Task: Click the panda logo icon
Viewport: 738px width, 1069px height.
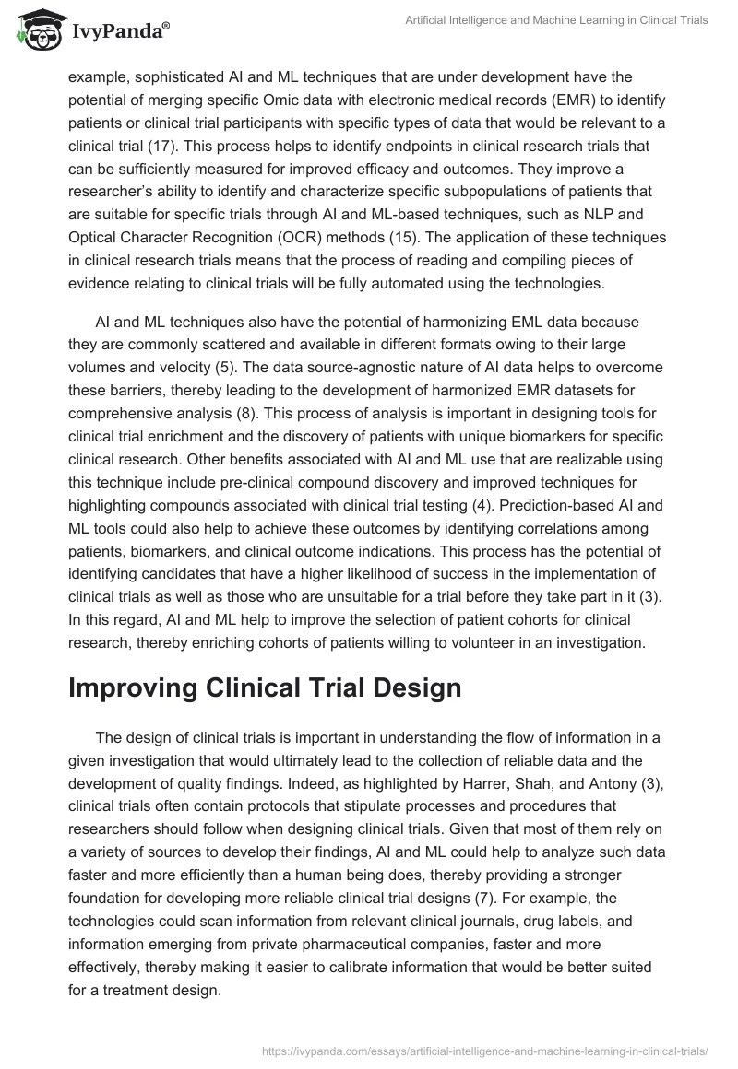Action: tap(36, 30)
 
